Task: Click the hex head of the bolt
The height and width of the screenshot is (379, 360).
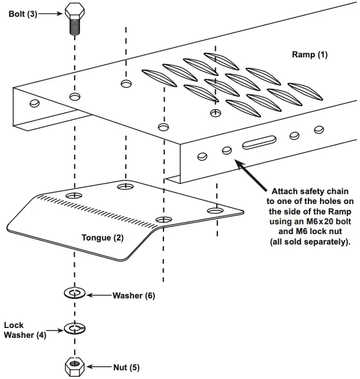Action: (x=74, y=11)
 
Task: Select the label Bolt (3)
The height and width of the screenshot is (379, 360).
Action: (x=23, y=13)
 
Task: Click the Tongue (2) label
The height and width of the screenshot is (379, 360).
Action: (x=103, y=238)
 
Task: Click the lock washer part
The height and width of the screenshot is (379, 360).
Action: (x=74, y=329)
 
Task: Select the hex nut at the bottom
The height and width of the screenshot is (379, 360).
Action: (x=74, y=367)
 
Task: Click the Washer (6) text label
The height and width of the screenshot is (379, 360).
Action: (x=134, y=295)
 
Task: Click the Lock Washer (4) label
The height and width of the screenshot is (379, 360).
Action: (x=21, y=330)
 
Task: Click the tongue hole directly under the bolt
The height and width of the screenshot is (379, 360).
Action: (x=74, y=196)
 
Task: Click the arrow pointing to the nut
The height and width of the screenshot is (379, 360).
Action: (x=99, y=367)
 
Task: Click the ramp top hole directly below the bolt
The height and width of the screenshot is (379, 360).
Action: (x=74, y=96)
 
